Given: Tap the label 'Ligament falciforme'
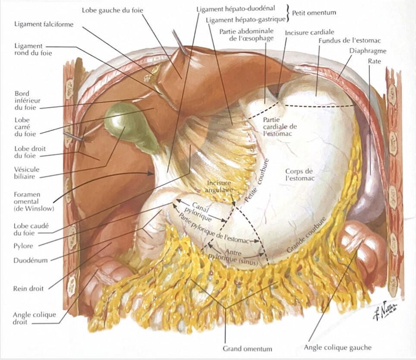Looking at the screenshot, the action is (44, 25).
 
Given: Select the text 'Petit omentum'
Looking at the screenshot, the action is (314, 13).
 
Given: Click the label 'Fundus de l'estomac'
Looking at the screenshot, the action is (350, 41).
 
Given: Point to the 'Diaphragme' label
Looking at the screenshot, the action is (368, 51).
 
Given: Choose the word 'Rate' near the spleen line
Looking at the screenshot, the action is (374, 61).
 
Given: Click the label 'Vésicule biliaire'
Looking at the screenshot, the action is (26, 173).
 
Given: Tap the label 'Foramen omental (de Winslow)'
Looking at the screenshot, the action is (34, 202).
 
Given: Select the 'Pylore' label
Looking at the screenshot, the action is (23, 246).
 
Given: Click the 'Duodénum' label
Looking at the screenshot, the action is (31, 260).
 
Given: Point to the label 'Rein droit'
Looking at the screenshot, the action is (28, 288).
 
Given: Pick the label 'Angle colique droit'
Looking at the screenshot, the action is (35, 319).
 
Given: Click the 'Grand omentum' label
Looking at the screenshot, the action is (247, 349).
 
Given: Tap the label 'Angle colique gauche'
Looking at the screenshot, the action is (337, 347).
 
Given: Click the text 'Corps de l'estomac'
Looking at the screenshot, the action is (299, 174).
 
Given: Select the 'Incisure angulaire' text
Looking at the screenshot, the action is (219, 186).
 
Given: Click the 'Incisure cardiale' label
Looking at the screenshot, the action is (309, 33).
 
